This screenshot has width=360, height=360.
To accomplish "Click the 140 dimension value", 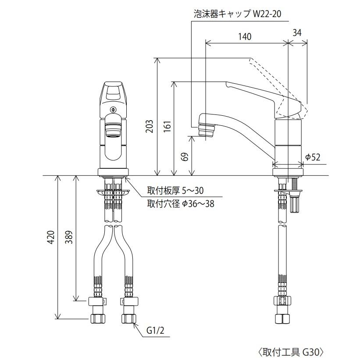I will click(245, 37).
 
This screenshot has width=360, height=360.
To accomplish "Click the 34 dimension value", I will click(297, 32).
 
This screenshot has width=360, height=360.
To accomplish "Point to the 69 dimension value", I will click(185, 156).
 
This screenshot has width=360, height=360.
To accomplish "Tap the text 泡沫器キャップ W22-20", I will click(237, 14).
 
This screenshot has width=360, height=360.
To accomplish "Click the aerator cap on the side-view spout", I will click(206, 130).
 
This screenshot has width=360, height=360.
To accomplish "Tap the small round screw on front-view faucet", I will click(114, 110).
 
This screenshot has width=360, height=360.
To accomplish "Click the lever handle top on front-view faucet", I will click(114, 91).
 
